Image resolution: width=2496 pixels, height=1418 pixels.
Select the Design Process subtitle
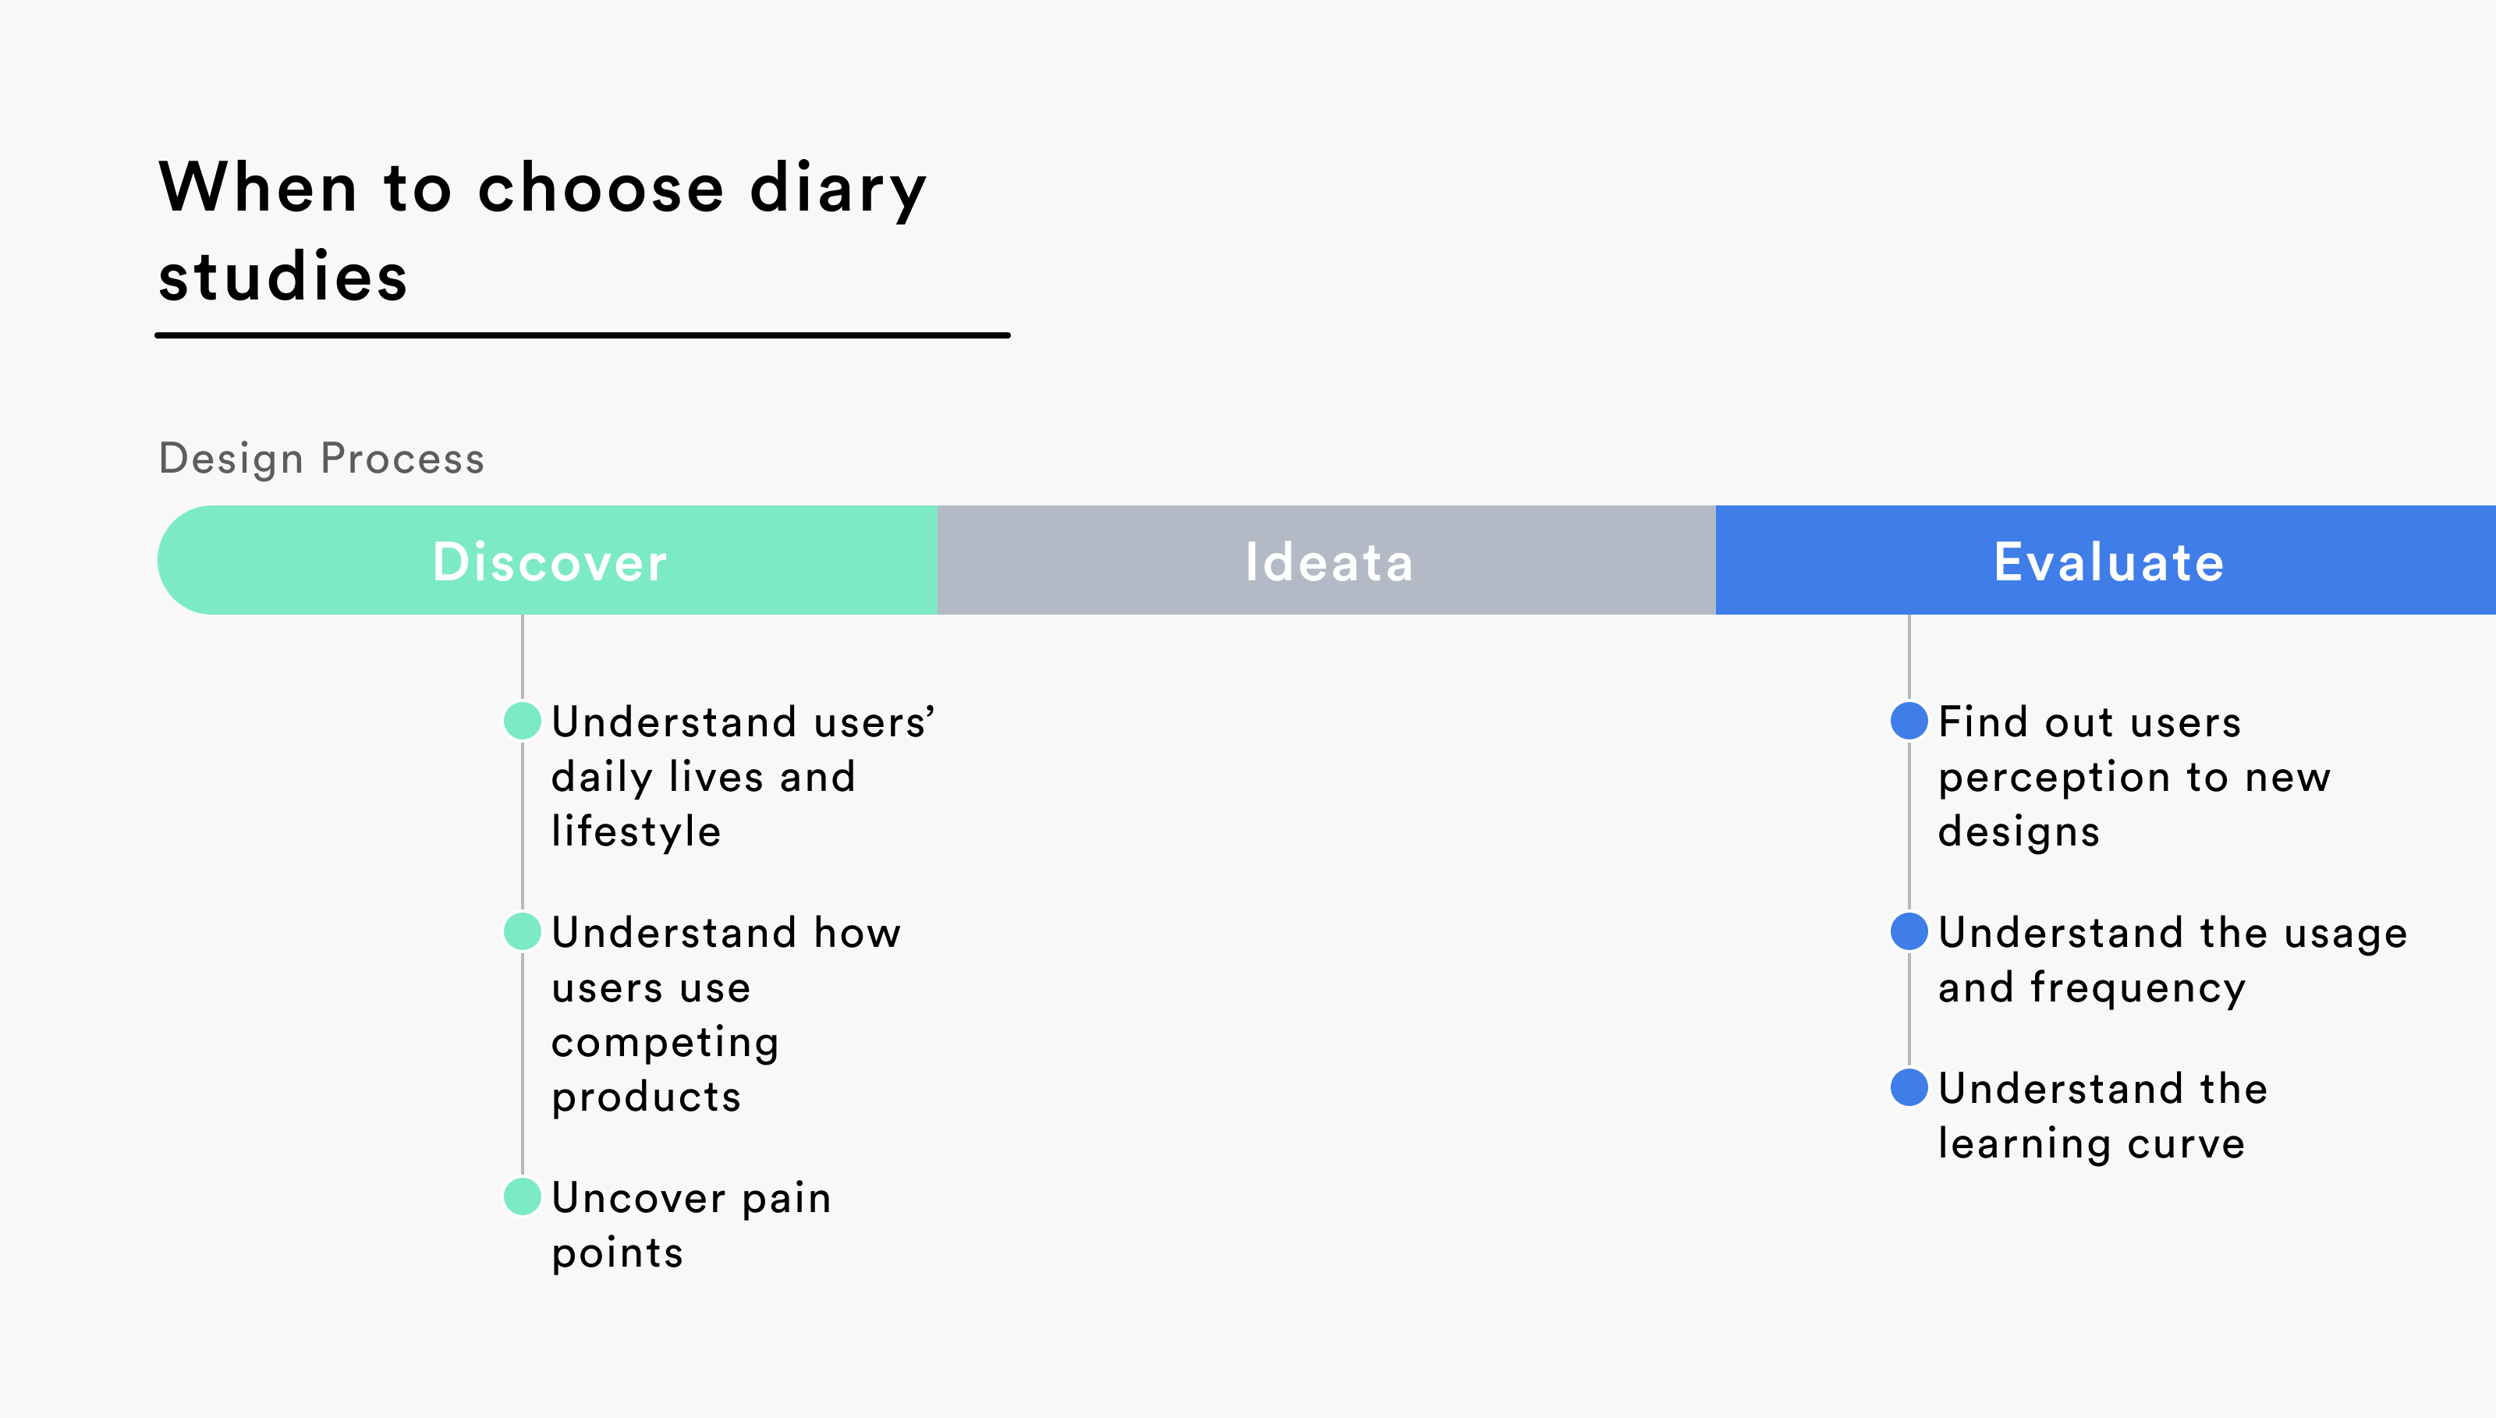[321, 459]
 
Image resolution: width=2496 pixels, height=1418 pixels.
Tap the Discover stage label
[549, 562]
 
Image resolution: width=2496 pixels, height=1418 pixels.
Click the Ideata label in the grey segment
[1328, 562]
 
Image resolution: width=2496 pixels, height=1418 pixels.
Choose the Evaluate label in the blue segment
[2108, 562]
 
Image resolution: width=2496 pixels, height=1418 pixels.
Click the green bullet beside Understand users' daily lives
[522, 721]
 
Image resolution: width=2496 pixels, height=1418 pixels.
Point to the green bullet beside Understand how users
[522, 931]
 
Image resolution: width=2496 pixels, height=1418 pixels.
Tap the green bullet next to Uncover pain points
[522, 1196]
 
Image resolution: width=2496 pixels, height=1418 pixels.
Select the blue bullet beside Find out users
[1909, 721]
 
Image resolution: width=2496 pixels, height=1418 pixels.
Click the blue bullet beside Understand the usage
[1909, 931]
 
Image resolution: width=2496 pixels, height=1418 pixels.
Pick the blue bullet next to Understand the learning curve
[1909, 1087]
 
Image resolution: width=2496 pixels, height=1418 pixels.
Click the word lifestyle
[636, 831]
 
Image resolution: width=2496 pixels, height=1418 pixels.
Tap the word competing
[665, 1043]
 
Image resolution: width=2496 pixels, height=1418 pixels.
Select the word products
[647, 1097]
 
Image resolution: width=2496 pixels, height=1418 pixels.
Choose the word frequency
[2138, 988]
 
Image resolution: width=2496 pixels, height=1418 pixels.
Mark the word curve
[2186, 1143]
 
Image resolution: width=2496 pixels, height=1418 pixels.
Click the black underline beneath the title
[583, 335]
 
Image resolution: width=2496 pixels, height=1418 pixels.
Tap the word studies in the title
[282, 277]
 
